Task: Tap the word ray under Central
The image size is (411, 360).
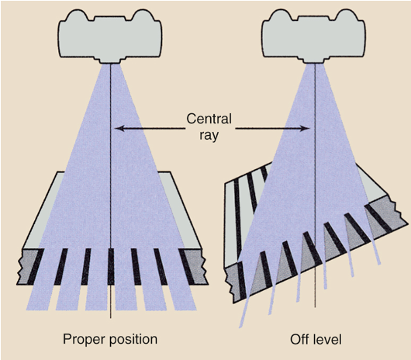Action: [207, 135]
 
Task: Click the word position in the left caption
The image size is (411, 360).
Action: [133, 339]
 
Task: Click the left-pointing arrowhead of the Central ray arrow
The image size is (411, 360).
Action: [119, 128]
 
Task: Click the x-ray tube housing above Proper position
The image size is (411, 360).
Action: [112, 35]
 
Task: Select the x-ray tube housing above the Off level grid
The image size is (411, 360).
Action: [314, 35]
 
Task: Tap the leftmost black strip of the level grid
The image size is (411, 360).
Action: [36, 265]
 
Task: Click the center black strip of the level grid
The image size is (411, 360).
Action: [112, 265]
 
